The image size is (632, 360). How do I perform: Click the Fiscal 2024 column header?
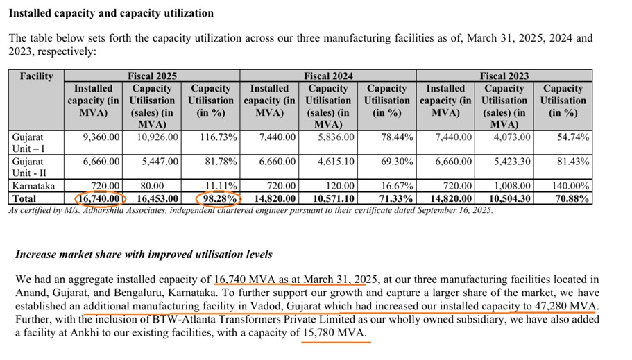[328, 76]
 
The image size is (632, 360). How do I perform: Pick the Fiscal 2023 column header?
[504, 76]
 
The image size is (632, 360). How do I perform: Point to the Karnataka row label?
[33, 186]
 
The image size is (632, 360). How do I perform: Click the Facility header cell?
[36, 76]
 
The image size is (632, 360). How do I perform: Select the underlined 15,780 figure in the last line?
[323, 333]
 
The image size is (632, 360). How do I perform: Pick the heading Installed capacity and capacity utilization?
[111, 13]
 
